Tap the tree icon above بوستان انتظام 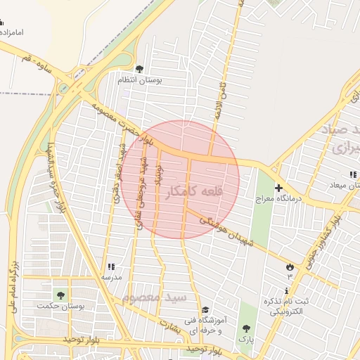[x=139, y=69]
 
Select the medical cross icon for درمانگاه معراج [x=279, y=188]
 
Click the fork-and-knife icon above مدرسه [x=111, y=266]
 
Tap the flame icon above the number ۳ [x=289, y=266]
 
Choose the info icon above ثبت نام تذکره [x=287, y=290]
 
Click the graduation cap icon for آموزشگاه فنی [x=205, y=310]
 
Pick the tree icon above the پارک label [x=246, y=328]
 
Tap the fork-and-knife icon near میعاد [x=352, y=174]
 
